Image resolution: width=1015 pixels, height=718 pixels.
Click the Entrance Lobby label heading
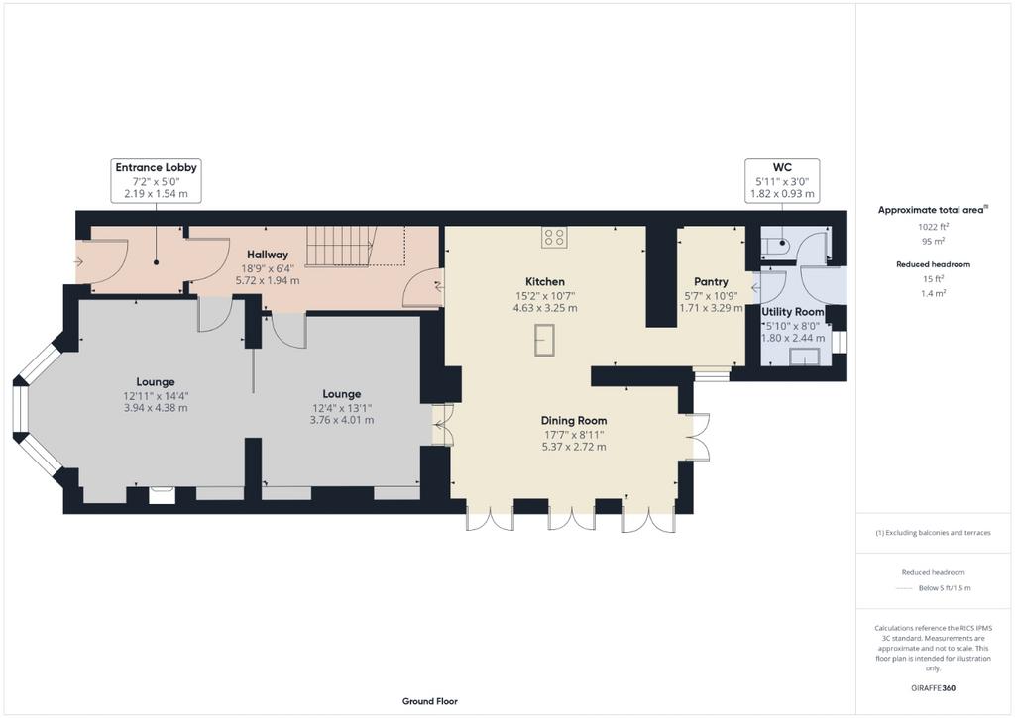point(156,167)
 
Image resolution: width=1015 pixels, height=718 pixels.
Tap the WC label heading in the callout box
point(782,167)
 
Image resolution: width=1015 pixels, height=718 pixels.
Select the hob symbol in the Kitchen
point(554,237)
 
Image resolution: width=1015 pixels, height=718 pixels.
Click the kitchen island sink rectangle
point(544,340)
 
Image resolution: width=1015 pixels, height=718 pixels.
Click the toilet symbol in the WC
point(777,245)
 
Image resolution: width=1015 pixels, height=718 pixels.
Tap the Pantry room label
point(711,282)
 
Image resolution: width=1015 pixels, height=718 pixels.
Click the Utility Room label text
point(792,312)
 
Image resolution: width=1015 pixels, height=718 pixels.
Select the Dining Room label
point(574,421)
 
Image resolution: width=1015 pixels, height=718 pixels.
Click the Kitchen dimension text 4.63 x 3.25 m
point(545,308)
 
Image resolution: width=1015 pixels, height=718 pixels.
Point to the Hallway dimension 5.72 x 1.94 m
point(268,280)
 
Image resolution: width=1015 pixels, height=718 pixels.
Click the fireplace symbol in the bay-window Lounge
point(162,495)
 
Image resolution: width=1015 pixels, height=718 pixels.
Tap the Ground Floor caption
point(430,701)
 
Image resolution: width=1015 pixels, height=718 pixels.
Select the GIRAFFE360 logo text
point(933,687)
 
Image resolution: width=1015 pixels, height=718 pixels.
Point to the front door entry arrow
point(79,262)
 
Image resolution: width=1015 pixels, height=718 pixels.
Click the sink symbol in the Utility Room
point(805,357)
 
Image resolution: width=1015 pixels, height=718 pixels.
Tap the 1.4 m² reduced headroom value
point(933,293)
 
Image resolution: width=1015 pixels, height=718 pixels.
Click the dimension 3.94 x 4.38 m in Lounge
point(156,407)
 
